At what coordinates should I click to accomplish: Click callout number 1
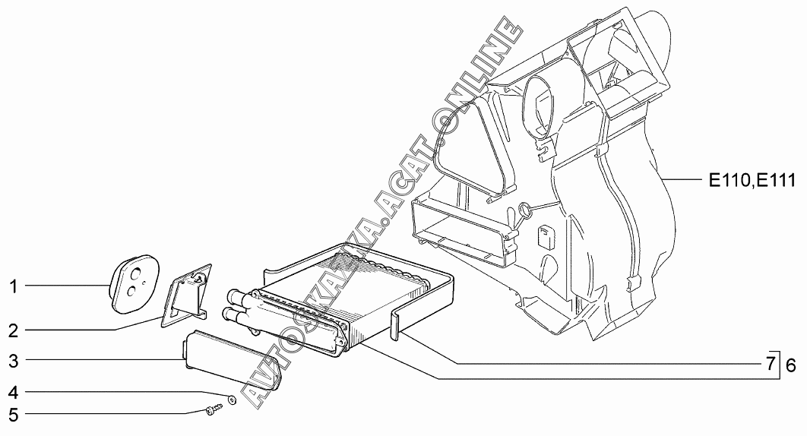coord(13,286)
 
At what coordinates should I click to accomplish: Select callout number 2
coord(13,331)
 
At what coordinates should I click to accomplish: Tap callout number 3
coord(13,359)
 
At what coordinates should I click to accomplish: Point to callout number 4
coord(13,393)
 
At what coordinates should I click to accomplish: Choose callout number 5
coord(13,415)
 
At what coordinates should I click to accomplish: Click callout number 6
coord(790,364)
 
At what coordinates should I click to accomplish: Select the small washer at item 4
coord(231,400)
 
